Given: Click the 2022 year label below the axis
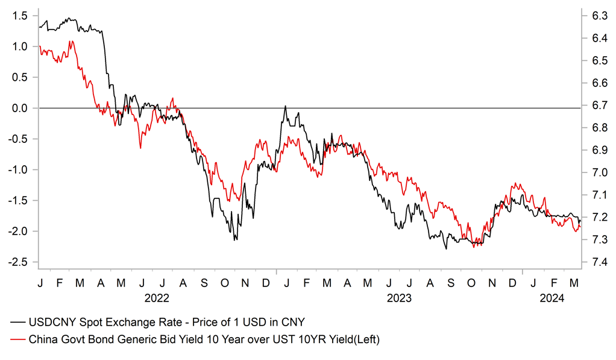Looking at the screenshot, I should point(157,298).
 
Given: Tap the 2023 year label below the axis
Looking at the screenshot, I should point(398,298).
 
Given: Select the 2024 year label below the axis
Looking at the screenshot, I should point(552,298).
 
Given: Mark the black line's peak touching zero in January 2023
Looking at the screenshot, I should point(285,107).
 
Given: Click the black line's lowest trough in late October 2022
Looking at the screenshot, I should point(235,239).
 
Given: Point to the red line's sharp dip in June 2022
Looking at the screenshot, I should point(140,148).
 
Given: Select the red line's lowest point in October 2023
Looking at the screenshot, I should point(474,246).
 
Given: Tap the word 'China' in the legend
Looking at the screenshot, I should point(43,340).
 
